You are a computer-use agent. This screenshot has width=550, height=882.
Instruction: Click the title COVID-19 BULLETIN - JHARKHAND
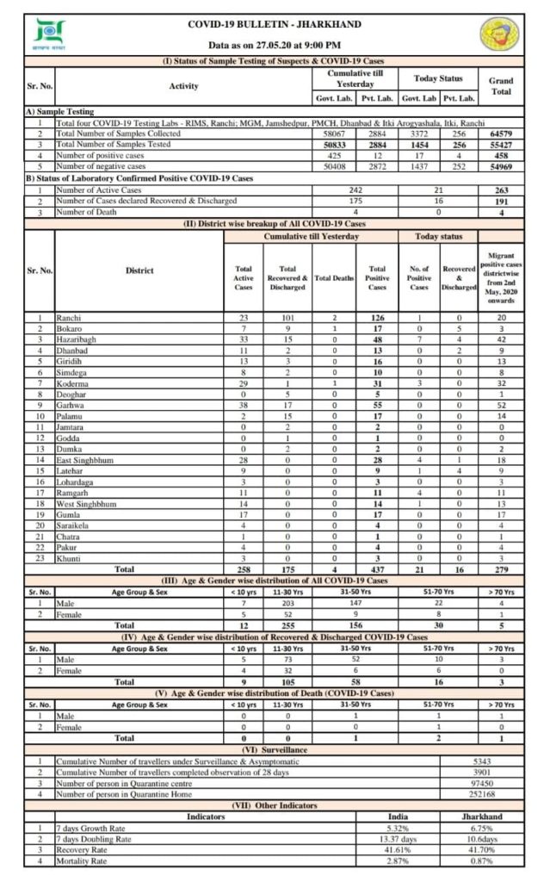tap(275, 25)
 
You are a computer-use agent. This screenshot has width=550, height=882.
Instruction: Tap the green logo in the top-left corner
tap(43, 34)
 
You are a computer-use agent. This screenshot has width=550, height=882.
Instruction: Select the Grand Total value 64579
tap(501, 134)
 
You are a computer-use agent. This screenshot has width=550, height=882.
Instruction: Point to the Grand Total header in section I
tap(501, 86)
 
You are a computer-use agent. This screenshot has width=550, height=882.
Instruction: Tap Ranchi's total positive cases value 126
tap(375, 317)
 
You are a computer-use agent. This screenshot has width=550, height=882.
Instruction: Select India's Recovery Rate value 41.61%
tap(398, 848)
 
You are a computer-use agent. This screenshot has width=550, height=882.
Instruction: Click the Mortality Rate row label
tap(82, 860)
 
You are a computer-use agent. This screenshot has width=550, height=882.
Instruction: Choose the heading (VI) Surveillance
tap(275, 748)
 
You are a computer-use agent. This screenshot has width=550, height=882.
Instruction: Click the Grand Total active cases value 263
tap(501, 189)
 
